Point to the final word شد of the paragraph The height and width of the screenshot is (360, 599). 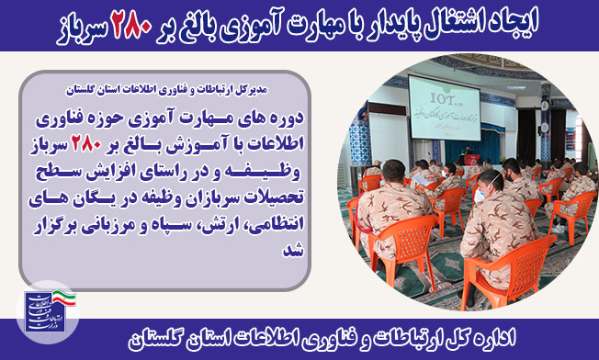(293, 251)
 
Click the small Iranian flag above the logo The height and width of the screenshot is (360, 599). (63, 298)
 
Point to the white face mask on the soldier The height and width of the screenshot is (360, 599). (480, 194)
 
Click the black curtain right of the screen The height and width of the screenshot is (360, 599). (527, 136)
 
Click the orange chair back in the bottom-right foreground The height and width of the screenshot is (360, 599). (512, 268)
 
